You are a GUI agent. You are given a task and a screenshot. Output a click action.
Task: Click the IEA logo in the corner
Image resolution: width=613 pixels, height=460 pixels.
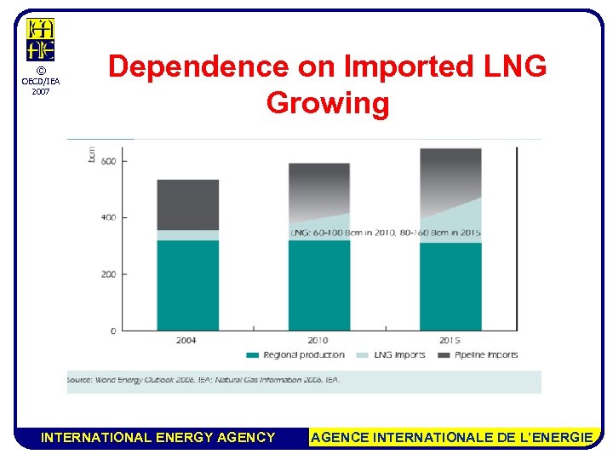pyautogui.click(x=40, y=40)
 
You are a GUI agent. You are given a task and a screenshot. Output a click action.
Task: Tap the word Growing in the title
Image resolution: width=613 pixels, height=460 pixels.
pyautogui.click(x=328, y=103)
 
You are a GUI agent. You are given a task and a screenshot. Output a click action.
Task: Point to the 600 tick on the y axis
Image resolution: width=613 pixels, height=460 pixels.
pyautogui.click(x=108, y=161)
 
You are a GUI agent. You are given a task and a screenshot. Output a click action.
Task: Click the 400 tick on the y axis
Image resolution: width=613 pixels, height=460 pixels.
pyautogui.click(x=108, y=218)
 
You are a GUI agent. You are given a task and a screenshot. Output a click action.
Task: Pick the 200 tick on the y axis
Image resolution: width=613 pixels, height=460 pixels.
pyautogui.click(x=108, y=274)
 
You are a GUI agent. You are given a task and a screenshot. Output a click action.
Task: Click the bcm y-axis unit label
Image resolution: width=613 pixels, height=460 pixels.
pyautogui.click(x=92, y=154)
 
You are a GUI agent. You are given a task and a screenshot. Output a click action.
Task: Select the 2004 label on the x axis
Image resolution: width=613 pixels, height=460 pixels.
pyautogui.click(x=186, y=341)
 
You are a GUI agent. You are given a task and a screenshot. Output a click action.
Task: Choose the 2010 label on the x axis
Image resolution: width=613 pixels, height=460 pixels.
pyautogui.click(x=318, y=341)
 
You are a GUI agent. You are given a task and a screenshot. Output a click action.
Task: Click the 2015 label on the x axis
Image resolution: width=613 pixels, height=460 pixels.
pyautogui.click(x=450, y=341)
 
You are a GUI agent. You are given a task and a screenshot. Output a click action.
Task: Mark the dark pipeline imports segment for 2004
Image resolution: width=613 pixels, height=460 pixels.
pyautogui.click(x=187, y=204)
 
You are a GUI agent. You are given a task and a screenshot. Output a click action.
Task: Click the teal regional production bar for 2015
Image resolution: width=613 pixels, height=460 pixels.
pyautogui.click(x=450, y=287)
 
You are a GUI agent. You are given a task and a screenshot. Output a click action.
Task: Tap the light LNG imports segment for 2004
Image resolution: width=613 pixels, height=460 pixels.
pyautogui.click(x=187, y=235)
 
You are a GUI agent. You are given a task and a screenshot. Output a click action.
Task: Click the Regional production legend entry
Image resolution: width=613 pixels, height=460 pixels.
pyautogui.click(x=297, y=354)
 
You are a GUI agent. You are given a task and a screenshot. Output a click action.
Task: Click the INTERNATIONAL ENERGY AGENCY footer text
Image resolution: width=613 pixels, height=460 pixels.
pyautogui.click(x=158, y=438)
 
